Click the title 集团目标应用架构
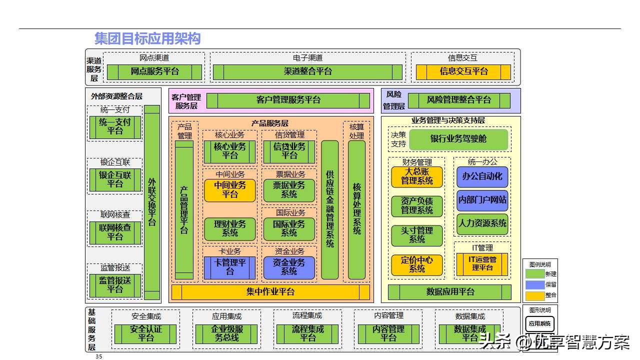(x=147, y=38)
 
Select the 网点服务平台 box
(x=154, y=71)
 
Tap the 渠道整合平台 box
(x=307, y=71)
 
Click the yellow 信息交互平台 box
(x=463, y=71)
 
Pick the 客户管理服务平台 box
(x=288, y=100)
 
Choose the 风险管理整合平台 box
(x=459, y=100)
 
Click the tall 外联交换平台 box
(x=152, y=202)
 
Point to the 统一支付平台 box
(x=115, y=127)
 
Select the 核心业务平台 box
(x=230, y=151)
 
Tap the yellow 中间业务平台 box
(x=230, y=190)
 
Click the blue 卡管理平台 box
(x=230, y=267)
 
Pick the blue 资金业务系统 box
(x=289, y=267)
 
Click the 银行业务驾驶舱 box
(x=458, y=139)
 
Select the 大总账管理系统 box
(x=417, y=176)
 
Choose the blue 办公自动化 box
(x=482, y=176)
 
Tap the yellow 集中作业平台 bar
(x=270, y=292)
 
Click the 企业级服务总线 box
(x=226, y=333)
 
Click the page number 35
(x=98, y=356)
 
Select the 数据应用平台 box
(x=450, y=292)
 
